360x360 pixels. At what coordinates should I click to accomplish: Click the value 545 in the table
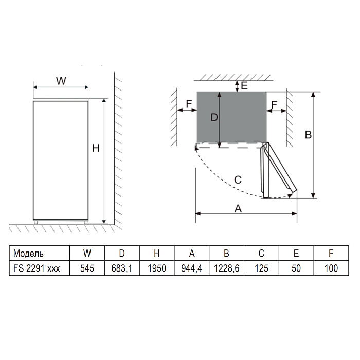pos(87,268)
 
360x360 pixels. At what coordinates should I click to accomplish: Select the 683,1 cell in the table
pos(122,268)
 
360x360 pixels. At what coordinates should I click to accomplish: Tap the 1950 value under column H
pos(157,268)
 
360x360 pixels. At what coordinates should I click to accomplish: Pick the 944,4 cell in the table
pos(191,268)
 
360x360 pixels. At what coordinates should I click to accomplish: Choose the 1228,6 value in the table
pos(226,268)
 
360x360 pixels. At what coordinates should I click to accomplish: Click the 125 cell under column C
pos(261,268)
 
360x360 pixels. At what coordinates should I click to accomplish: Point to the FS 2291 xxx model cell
pos(37,268)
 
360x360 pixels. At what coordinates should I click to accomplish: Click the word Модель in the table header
pos(28,253)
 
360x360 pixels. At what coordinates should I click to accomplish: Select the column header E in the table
pos(296,253)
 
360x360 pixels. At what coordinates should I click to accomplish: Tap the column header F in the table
pos(331,253)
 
